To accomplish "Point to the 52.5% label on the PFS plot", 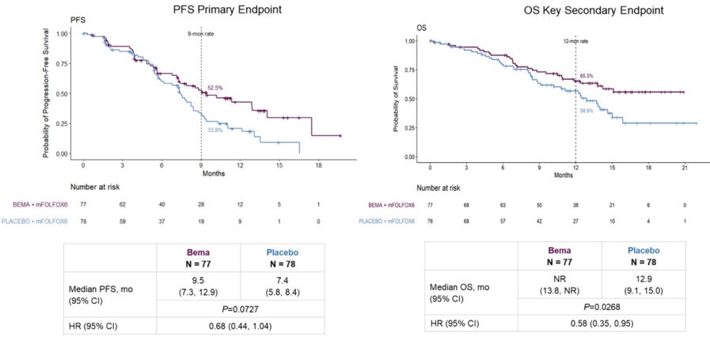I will (x=215, y=88).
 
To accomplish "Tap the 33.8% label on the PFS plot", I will (x=215, y=130).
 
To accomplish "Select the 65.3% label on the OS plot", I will (x=586, y=76).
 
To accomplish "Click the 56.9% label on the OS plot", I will (x=586, y=111).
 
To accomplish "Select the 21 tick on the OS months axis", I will (x=684, y=169).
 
